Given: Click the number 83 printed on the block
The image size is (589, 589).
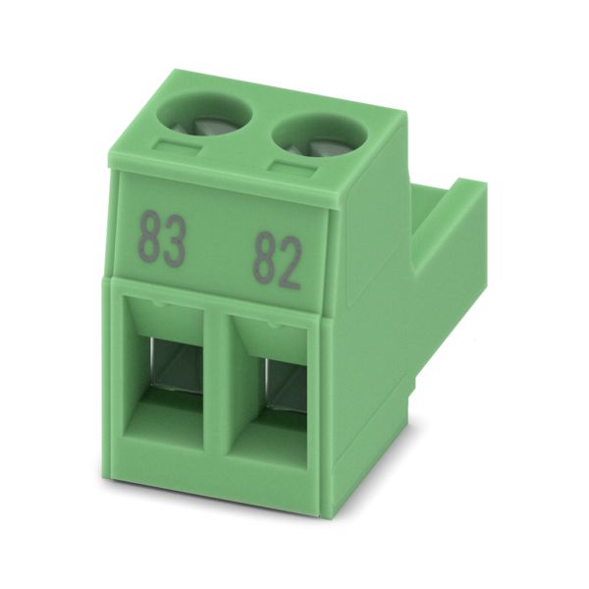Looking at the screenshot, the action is pos(162,240).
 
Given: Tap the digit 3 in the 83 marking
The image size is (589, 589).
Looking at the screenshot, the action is pos(175,241).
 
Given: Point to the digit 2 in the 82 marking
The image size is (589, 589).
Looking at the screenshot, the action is pos(290,262).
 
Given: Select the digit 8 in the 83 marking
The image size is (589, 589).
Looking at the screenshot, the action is pos(149,239).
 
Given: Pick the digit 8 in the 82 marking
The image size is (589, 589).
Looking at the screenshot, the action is pos(264,259).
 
